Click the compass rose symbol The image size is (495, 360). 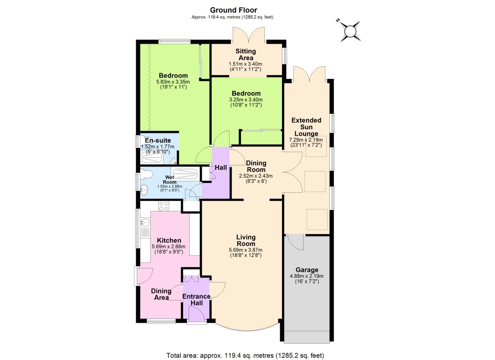point(350,31)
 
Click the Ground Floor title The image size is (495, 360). point(233,10)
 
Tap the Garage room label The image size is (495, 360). point(307,270)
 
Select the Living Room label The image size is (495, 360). point(246,240)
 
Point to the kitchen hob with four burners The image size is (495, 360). point(163,206)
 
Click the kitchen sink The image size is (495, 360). point(145,222)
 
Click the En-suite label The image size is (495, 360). point(158,141)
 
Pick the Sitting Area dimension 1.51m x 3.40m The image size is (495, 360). point(245,64)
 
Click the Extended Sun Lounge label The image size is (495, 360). point(306,127)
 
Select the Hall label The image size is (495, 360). point(221,168)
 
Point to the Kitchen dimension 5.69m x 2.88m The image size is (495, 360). point(169,247)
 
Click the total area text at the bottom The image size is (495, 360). point(245,355)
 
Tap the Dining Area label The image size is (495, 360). point(161,294)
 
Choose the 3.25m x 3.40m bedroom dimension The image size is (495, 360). point(246,100)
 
